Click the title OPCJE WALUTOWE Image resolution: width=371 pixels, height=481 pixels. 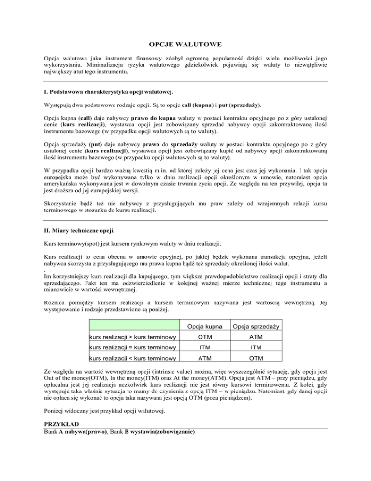(185, 45)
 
